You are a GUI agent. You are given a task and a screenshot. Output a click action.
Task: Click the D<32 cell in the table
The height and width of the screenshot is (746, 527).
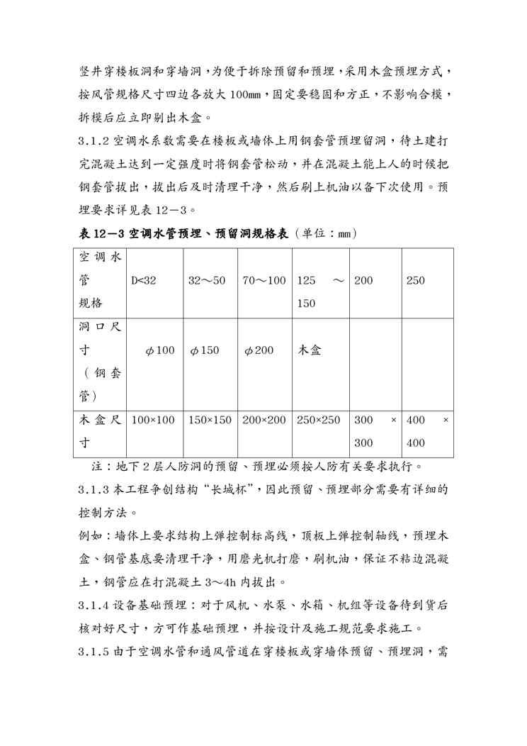click(144, 281)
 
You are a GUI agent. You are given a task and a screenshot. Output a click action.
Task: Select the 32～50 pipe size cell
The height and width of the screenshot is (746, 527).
click(207, 281)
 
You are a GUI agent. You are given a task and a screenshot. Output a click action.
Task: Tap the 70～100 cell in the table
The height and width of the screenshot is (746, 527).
click(263, 281)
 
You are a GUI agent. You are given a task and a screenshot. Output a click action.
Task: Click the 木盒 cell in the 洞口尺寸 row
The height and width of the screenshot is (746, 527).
click(309, 350)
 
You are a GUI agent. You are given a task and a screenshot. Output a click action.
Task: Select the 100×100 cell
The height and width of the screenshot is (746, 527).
click(153, 421)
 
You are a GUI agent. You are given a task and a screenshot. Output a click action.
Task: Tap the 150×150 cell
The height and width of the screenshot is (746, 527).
click(210, 421)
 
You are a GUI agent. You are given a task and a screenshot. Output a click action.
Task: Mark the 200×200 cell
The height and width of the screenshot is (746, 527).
click(264, 421)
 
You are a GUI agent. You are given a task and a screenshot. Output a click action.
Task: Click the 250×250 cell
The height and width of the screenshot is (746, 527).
click(319, 421)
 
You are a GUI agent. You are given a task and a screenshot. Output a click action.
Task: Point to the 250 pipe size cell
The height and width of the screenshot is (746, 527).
click(416, 281)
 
